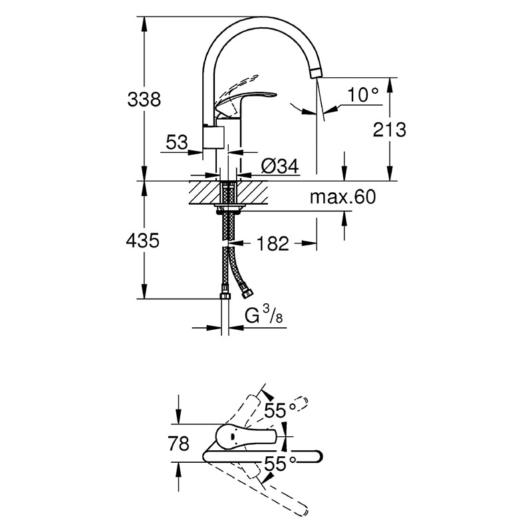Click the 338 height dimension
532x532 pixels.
coord(144,100)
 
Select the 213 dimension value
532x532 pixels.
coord(389,130)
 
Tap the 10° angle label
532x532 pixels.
coord(362,94)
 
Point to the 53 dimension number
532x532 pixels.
coord(177,142)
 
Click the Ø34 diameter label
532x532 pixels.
coord(280,166)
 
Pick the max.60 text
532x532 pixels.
coord(342,197)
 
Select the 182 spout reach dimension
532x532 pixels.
coord(273,243)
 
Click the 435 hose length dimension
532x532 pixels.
coord(142,241)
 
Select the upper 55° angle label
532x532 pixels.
coord(280,410)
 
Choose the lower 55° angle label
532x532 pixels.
coord(280,464)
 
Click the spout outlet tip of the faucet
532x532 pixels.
coord(315,72)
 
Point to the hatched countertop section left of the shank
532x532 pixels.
coord(204,192)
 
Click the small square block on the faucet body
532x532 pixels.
coord(213,138)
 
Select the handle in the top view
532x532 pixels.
coord(247,438)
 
